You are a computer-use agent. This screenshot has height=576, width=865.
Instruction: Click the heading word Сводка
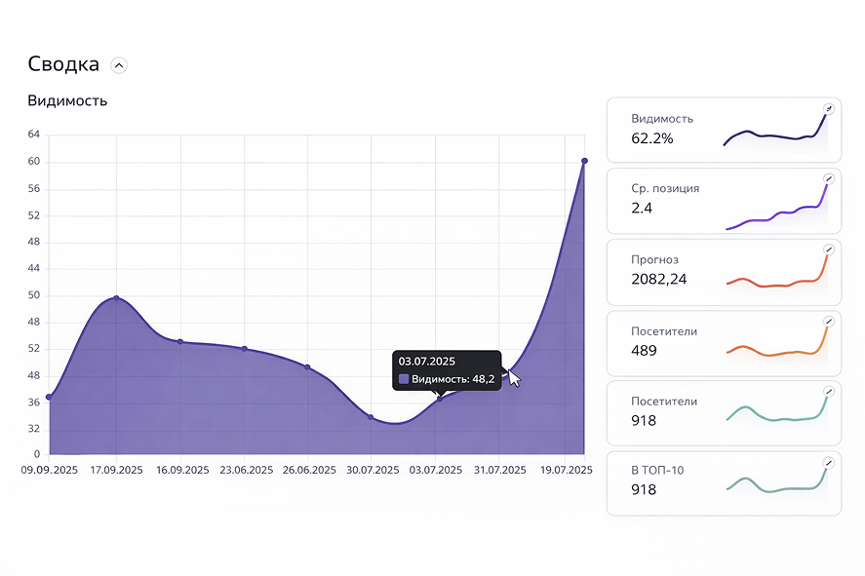coord(63,64)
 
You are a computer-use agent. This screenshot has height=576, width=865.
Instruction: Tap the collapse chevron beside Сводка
coord(119,65)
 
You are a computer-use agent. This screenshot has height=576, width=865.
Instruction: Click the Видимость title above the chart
coord(67,100)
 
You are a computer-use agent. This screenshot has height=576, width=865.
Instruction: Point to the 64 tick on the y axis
coord(34,134)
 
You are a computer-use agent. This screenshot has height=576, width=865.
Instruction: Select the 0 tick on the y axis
coord(37,454)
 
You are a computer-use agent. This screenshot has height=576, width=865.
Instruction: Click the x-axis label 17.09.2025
coord(116,470)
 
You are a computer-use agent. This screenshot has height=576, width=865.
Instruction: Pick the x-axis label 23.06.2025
coord(245,470)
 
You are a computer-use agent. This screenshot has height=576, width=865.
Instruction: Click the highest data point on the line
coord(584,161)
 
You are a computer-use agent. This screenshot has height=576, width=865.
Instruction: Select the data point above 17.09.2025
coord(116,298)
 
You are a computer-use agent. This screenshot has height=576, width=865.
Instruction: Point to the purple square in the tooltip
coord(404,379)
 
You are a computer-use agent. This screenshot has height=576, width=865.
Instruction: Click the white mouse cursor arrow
coord(514,377)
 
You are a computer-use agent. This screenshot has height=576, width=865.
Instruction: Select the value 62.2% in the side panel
coord(651,138)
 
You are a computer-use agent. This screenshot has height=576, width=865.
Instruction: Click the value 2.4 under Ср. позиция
coord(642,208)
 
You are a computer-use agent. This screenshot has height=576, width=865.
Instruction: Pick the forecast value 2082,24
coord(660,279)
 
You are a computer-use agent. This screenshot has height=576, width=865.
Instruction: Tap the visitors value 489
coord(644,350)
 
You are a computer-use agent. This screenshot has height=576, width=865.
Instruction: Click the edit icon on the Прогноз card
coord(828,250)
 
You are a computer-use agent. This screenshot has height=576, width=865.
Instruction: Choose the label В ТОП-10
coord(657,471)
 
